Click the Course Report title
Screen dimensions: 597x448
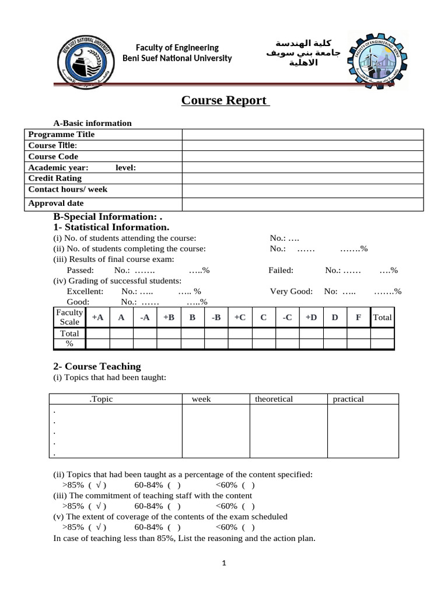tap(225, 100)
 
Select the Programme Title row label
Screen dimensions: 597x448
tap(61, 134)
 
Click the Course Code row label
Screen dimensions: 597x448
tap(53, 156)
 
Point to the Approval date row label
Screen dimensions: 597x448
tap(56, 203)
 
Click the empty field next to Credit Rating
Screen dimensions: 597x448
tap(302, 178)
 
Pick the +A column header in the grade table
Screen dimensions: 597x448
tap(97, 317)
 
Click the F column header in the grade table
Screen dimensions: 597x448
tap(358, 317)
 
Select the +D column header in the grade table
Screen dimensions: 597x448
tap(311, 317)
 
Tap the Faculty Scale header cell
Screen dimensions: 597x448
tap(69, 317)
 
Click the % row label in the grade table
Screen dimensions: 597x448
tap(69, 344)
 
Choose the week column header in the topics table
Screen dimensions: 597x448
tap(201, 399)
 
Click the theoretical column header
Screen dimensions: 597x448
tap(274, 399)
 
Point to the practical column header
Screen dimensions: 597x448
tap(348, 399)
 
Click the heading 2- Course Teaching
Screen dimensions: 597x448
tap(97, 366)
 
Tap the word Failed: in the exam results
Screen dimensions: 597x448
tap(281, 270)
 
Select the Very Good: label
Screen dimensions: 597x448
tap(291, 291)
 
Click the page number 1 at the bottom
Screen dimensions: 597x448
tap(224, 563)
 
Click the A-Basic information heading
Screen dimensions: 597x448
tap(92, 123)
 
